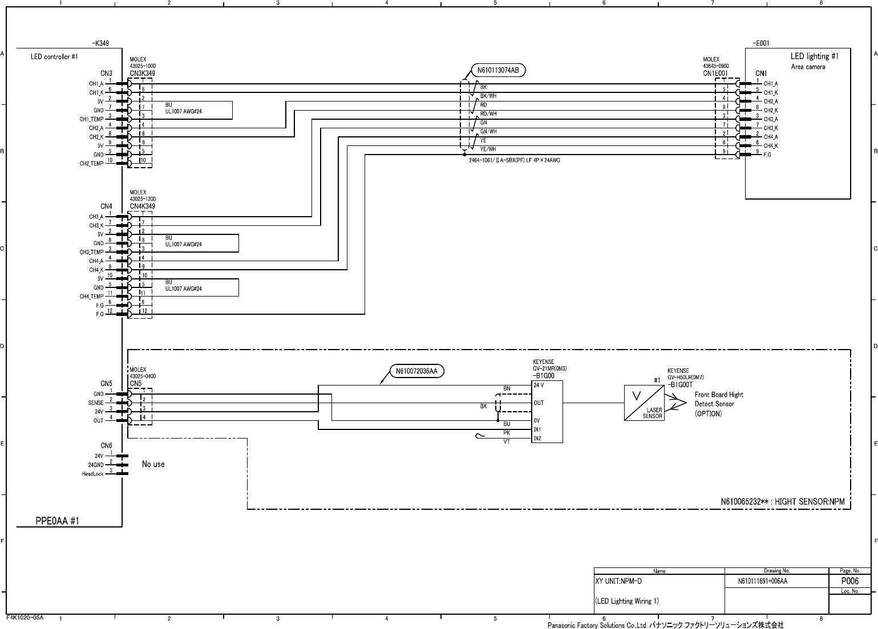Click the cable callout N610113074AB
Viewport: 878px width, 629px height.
pos(498,70)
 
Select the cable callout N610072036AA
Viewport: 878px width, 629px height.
pos(416,371)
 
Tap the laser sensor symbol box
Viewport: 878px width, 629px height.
pos(644,403)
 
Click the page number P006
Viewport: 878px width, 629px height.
pos(850,581)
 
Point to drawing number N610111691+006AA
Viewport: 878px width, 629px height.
pos(762,581)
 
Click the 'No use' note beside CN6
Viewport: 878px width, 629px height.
pos(153,464)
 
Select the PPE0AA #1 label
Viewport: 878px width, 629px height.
pos(57,521)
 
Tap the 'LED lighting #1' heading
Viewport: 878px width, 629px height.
pos(815,56)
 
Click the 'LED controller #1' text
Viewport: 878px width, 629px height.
pos(54,57)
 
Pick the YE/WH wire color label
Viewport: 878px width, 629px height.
pos(488,149)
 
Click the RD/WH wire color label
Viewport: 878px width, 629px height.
pos(488,113)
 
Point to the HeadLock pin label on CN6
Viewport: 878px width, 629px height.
pos(92,474)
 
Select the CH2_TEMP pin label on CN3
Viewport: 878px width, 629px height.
pos(91,164)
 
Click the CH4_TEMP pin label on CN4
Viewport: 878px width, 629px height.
pos(91,297)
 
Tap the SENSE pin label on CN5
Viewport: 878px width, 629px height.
pos(96,403)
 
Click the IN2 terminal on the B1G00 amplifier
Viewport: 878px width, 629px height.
pos(537,439)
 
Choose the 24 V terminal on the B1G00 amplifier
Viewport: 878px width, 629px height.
pos(539,385)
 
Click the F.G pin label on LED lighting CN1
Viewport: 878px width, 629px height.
pos(767,155)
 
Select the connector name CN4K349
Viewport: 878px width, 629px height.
pos(142,206)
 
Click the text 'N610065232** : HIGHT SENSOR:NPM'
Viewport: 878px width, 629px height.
pos(782,502)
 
